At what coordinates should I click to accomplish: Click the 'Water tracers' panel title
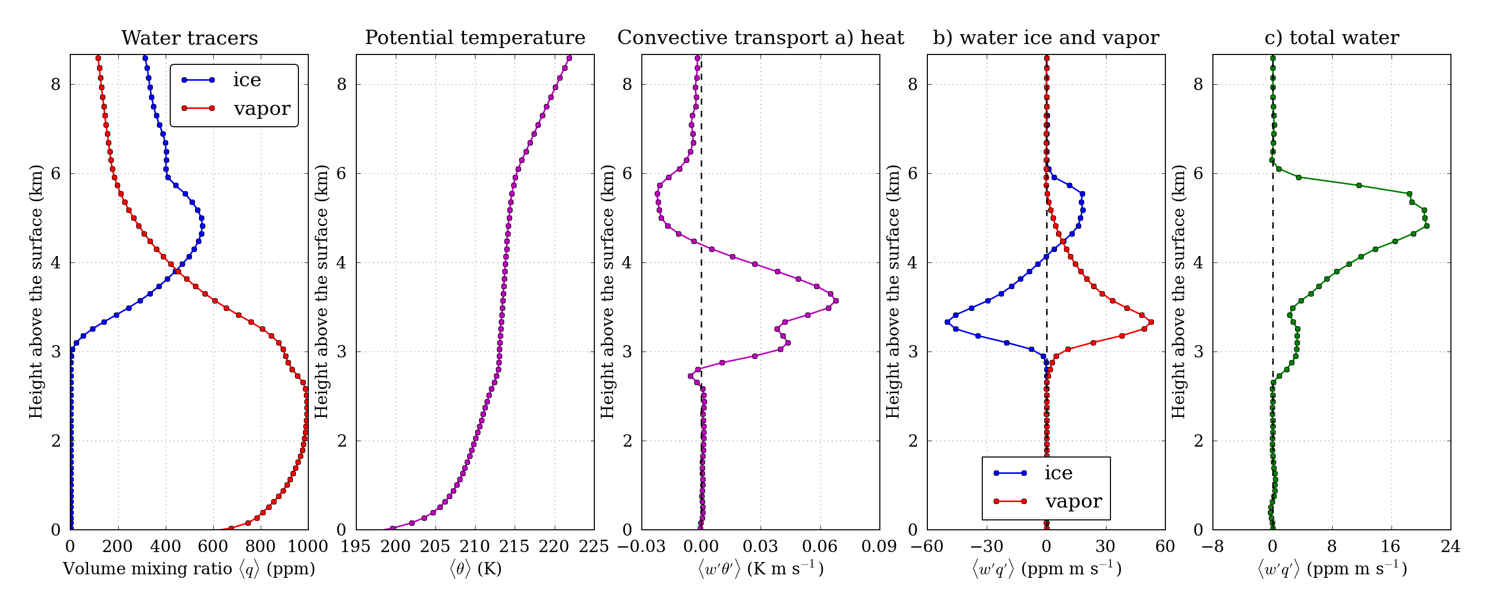tap(190, 38)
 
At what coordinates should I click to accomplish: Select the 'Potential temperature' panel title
tap(475, 38)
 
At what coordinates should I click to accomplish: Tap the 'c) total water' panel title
tap(1332, 38)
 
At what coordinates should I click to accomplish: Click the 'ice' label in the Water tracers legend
tap(247, 80)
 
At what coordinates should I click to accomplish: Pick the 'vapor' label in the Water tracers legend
tap(262, 108)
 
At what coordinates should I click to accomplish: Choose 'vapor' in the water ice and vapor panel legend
tap(1073, 501)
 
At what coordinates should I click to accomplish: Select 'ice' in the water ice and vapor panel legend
tap(1058, 473)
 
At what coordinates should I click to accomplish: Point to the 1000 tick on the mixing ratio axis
tap(307, 546)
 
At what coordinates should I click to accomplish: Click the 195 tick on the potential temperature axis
tap(356, 546)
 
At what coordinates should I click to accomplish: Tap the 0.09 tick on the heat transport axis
tap(879, 546)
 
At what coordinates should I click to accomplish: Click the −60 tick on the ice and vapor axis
tap(927, 546)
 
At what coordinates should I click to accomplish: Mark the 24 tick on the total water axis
tap(1450, 546)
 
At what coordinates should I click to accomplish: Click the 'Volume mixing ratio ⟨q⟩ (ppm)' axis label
tap(189, 569)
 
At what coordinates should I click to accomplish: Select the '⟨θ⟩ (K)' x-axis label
tap(475, 569)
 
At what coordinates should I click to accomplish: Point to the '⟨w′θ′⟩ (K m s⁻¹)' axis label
tap(761, 569)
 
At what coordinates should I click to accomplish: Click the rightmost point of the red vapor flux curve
tap(1151, 322)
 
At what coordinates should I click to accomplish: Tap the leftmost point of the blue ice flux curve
tap(947, 322)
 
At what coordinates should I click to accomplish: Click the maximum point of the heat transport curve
tap(836, 301)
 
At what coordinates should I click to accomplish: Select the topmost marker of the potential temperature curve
tap(569, 58)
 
